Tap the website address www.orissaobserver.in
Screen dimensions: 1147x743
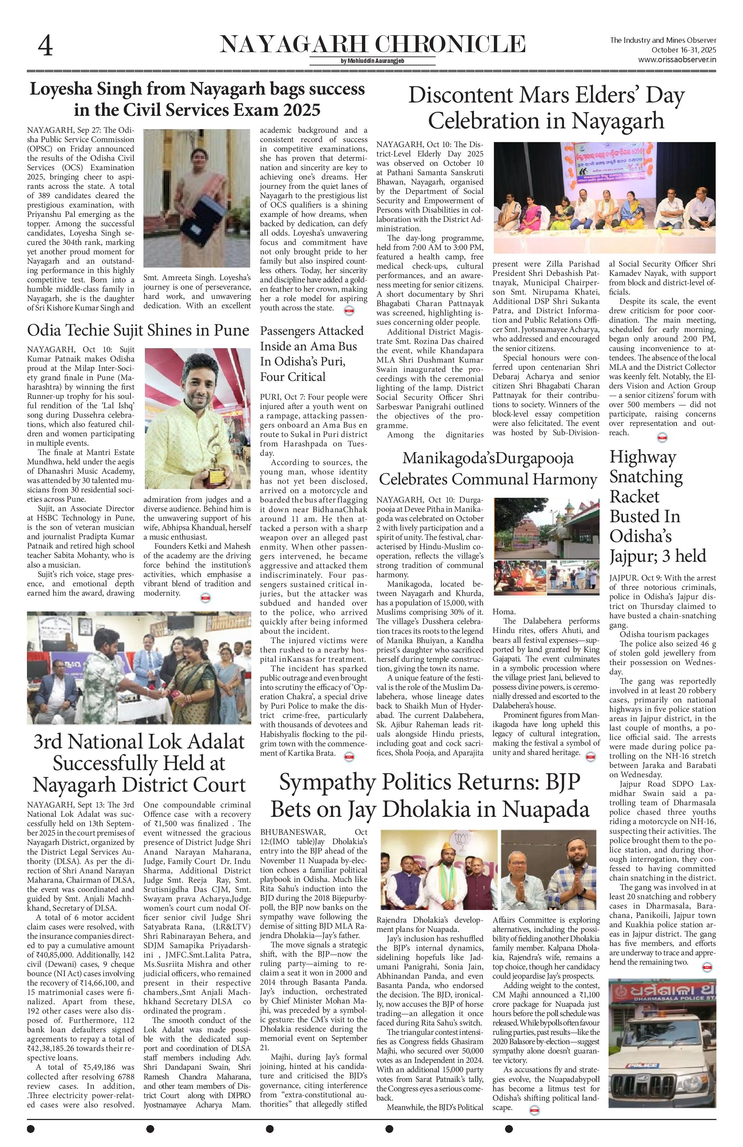(x=677, y=60)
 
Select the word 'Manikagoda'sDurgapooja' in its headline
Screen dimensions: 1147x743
(x=488, y=458)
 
